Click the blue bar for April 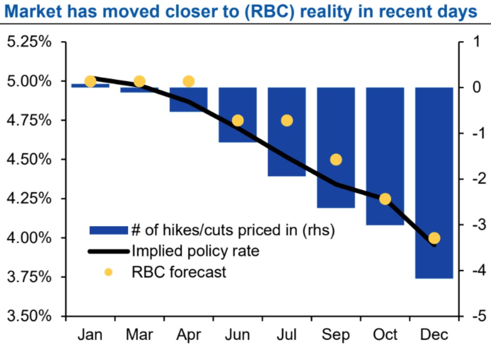tap(189, 99)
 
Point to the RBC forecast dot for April tap(189, 81)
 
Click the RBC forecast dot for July tap(287, 120)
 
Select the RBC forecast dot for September tap(336, 160)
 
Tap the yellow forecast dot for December tap(434, 238)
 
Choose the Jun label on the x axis tap(238, 335)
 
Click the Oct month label tap(385, 335)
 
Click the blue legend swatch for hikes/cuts tap(109, 230)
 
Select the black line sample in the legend tap(109, 251)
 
